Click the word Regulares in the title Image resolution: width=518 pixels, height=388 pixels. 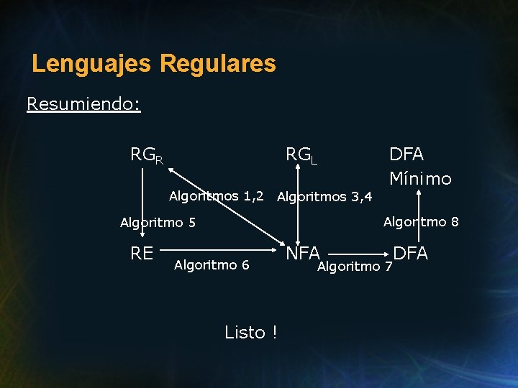point(218,64)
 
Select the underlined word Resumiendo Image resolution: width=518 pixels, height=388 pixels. point(83,104)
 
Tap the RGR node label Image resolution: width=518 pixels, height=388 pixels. point(146,155)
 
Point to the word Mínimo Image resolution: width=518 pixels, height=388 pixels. point(420,178)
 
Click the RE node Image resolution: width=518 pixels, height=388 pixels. point(142,253)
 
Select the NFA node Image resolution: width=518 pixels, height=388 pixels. point(303,253)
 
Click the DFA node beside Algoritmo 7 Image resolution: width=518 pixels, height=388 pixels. point(411,253)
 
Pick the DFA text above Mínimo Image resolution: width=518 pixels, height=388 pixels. point(406,154)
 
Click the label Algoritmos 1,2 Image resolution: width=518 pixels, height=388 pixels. point(216,196)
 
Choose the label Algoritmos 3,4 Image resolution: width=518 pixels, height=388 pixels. point(324,196)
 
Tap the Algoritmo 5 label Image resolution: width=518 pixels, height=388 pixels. point(158,223)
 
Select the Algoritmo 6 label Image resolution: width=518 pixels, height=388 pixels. point(212,265)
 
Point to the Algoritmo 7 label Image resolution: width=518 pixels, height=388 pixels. point(355,267)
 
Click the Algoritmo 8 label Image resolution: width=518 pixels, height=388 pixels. point(421,222)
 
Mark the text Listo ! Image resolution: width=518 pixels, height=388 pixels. point(251,333)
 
